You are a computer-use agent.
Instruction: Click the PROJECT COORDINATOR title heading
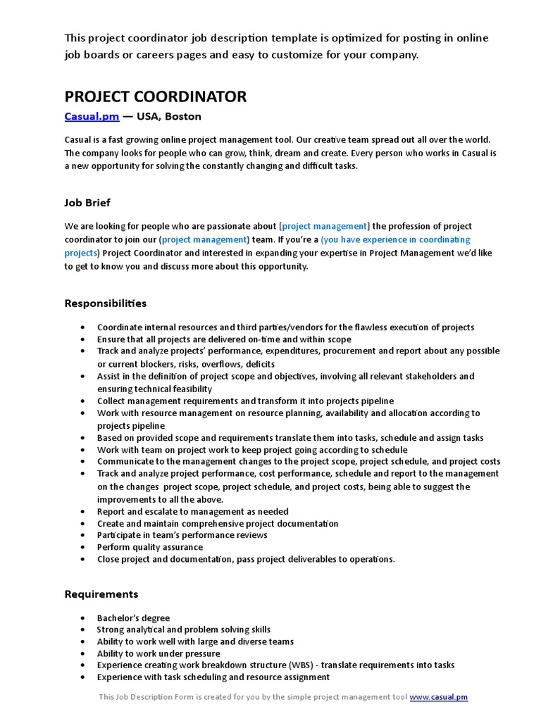click(156, 96)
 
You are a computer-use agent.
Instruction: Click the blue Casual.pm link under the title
click(92, 116)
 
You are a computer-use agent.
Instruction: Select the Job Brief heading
click(87, 203)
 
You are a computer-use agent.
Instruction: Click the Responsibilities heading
click(106, 303)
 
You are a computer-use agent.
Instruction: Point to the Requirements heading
click(101, 594)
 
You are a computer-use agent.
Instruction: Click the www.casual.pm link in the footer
click(438, 697)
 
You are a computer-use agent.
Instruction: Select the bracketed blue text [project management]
click(324, 226)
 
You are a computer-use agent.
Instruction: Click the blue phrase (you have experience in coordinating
click(395, 239)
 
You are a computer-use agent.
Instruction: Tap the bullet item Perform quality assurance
click(149, 547)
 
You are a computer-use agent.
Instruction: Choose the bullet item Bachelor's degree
click(133, 618)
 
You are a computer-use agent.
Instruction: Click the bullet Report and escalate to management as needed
click(192, 512)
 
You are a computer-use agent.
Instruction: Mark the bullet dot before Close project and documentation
click(82, 560)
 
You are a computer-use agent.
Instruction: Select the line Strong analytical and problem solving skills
click(183, 629)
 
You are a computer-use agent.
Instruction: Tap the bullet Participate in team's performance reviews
click(182, 535)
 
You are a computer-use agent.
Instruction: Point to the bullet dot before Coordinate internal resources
click(82, 327)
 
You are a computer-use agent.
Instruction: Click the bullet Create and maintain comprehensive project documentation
click(217, 524)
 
